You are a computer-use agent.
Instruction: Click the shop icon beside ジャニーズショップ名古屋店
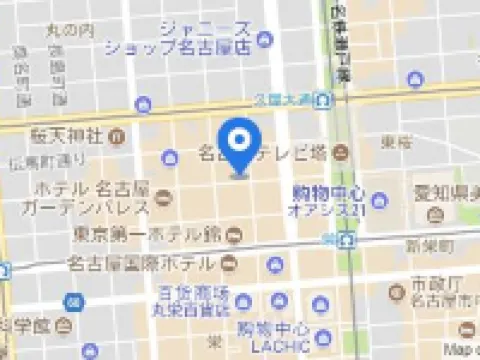(264, 40)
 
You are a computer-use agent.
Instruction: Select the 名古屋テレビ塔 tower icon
(340, 154)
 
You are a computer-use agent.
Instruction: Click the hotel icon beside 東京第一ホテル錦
(233, 236)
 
